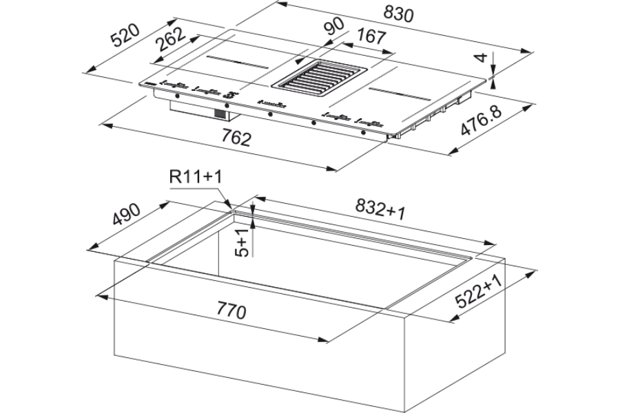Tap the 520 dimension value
tap(125, 35)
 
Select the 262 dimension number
tap(171, 39)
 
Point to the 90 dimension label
tap(334, 26)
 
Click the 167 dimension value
tap(371, 36)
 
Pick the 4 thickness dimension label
tap(481, 57)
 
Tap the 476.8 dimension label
tap(482, 120)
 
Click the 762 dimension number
tap(236, 138)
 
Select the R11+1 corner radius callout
tap(196, 176)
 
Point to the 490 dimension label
tap(126, 214)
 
